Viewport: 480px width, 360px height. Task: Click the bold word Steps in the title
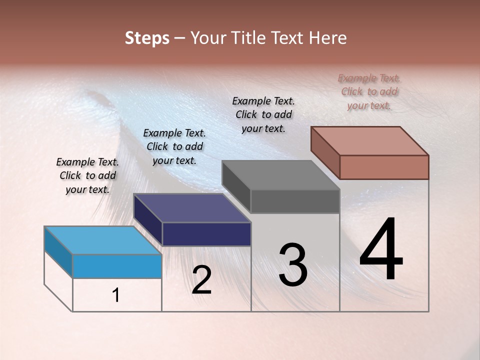[147, 38]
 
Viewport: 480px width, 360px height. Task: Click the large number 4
[381, 250]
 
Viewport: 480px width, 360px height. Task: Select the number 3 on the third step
[293, 265]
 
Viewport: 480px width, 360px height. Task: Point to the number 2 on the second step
[202, 280]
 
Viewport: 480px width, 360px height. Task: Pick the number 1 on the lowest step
[116, 295]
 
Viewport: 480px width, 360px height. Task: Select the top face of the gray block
[281, 175]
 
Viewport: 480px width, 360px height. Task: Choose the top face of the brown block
[370, 140]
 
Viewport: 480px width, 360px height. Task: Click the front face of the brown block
[384, 167]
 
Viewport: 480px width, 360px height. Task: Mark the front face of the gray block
[295, 201]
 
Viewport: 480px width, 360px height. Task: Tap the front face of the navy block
[206, 234]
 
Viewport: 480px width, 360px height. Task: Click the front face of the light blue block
[117, 266]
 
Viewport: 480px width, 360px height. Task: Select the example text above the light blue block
[87, 175]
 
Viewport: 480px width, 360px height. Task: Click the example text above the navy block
[174, 146]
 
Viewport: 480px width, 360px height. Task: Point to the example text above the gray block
[263, 114]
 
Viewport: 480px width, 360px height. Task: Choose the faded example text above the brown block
[369, 91]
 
